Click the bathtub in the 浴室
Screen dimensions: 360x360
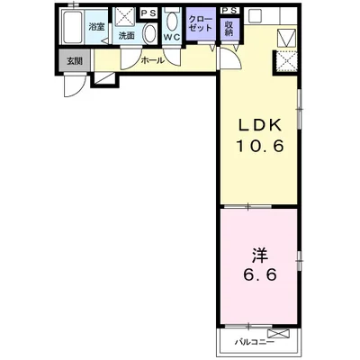[72, 26]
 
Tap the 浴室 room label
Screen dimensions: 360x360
[96, 27]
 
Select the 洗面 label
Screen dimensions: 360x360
[126, 36]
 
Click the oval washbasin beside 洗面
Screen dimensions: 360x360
[149, 34]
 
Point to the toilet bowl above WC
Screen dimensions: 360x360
[172, 22]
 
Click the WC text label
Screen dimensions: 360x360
[172, 37]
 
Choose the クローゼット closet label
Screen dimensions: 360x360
[201, 24]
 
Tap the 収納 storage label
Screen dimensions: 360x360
[229, 29]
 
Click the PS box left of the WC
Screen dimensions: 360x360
[148, 13]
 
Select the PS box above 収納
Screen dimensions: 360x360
[230, 11]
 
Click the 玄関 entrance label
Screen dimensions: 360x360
[74, 61]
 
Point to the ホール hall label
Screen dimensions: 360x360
[153, 60]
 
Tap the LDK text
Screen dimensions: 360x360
[260, 125]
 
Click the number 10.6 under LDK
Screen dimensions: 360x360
[260, 147]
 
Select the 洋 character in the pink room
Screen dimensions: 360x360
[260, 256]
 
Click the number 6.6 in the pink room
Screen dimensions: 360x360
[260, 274]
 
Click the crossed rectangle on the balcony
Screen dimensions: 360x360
[279, 334]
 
